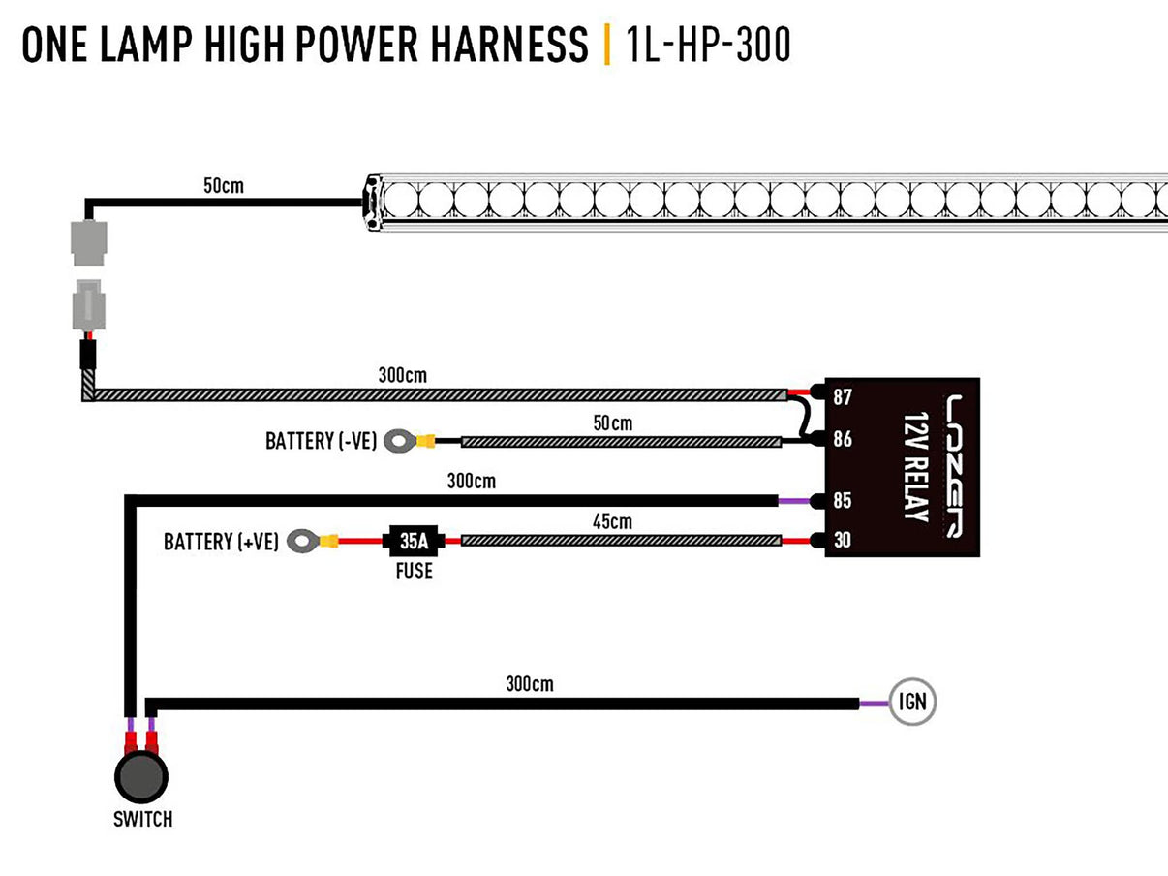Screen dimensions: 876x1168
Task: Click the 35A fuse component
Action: (x=414, y=540)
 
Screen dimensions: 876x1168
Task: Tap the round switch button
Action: (x=141, y=776)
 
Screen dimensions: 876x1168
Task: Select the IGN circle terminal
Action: (x=912, y=703)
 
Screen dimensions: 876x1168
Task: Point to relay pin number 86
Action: (x=842, y=439)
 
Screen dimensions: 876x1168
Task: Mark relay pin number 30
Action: (x=842, y=541)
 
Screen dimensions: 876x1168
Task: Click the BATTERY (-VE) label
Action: (x=321, y=442)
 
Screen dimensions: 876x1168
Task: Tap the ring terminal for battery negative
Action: (x=398, y=442)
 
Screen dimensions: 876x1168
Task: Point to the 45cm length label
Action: (x=612, y=521)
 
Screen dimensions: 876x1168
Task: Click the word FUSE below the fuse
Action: (x=414, y=571)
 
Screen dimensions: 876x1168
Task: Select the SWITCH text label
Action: (x=142, y=820)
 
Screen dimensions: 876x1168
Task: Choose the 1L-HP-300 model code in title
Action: (x=709, y=45)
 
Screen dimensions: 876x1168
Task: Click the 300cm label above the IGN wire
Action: (x=529, y=684)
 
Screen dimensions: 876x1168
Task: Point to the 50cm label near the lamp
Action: (x=224, y=184)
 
